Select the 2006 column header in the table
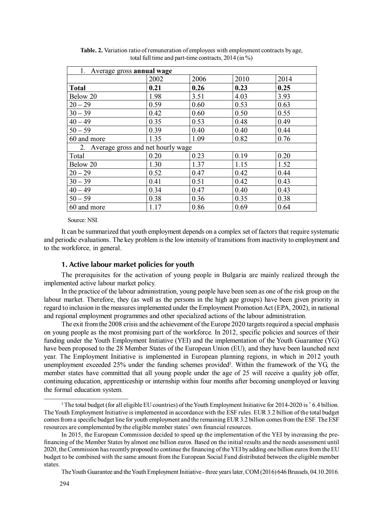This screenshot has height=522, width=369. pyautogui.click(x=199, y=79)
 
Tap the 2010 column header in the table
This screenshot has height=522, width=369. pyautogui.click(x=242, y=79)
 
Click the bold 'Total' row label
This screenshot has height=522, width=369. pyautogui.click(x=78, y=88)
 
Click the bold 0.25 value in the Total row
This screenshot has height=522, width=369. pyautogui.click(x=284, y=88)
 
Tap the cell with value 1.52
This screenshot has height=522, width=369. pyautogui.click(x=284, y=164)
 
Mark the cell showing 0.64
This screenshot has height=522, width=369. pyautogui.click(x=284, y=207)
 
